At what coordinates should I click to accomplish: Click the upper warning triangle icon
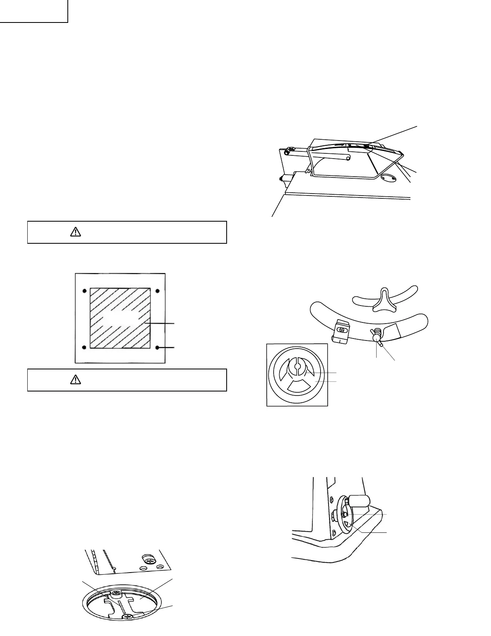tap(75, 232)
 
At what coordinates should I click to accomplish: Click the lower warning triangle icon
tap(75, 380)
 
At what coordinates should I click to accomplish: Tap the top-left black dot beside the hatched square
tap(84, 291)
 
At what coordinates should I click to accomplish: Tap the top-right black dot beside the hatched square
tap(157, 291)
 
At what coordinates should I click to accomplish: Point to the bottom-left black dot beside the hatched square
tap(84, 347)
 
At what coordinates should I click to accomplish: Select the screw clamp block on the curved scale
tap(341, 332)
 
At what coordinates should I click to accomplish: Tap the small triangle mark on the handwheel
tap(347, 524)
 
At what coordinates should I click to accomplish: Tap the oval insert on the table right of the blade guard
tap(388, 178)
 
